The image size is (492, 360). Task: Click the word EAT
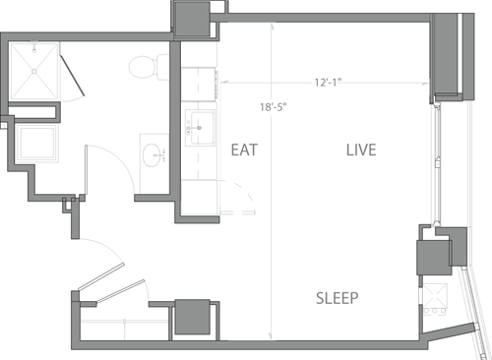(244, 150)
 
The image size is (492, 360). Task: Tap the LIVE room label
(361, 150)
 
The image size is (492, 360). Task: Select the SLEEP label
(337, 298)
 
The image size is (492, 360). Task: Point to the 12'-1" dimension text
(328, 83)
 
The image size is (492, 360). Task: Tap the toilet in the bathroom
(145, 67)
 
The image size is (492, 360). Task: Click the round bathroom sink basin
(153, 155)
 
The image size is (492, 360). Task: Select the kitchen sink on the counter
(201, 125)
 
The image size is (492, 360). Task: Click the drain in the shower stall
(36, 70)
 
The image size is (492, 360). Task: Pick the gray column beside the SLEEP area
(435, 258)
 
